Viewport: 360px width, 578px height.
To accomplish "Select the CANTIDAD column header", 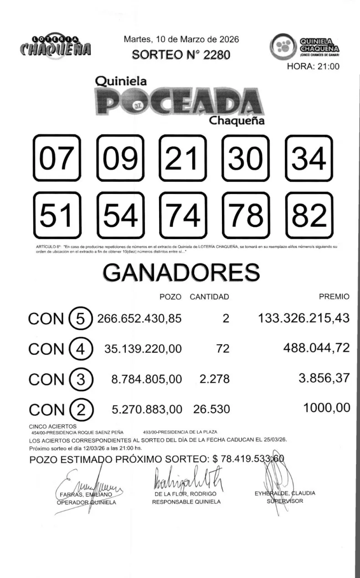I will (209, 297).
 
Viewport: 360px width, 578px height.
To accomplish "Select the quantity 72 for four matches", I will (223, 349).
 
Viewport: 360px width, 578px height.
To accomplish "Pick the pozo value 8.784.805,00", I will (147, 379).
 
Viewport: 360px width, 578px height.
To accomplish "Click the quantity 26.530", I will (211, 409).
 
